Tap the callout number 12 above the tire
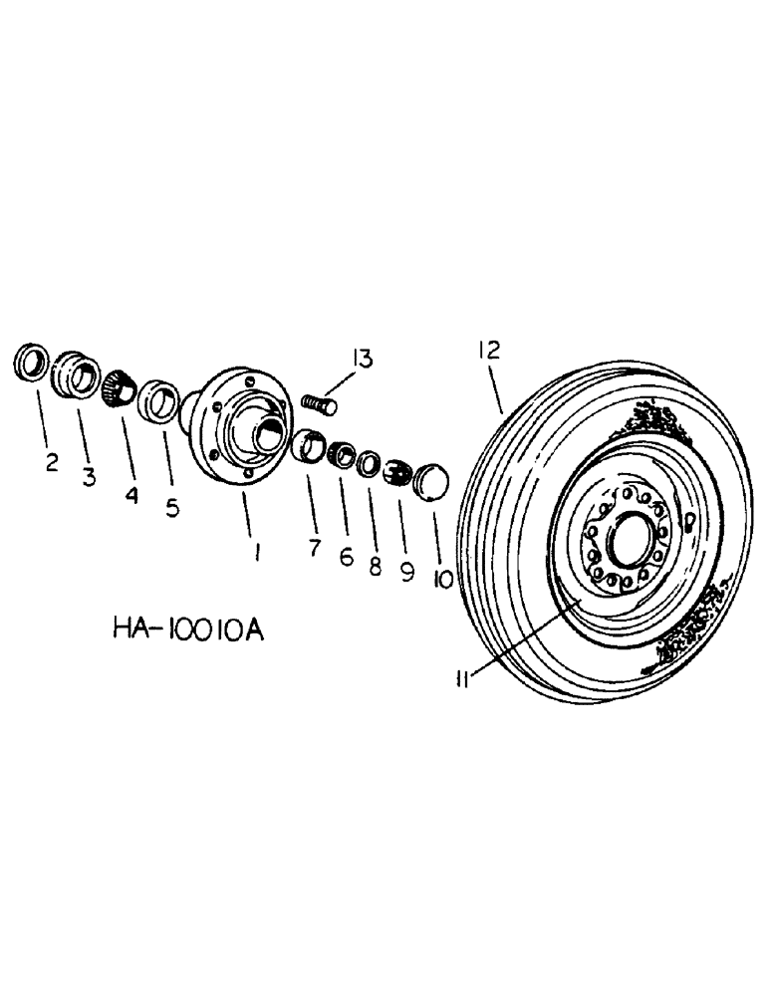(x=488, y=350)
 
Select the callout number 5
(x=172, y=509)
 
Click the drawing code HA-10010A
(x=187, y=630)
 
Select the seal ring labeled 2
(x=31, y=364)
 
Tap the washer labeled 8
(x=368, y=463)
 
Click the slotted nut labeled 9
(x=397, y=470)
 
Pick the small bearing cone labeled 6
(x=342, y=456)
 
